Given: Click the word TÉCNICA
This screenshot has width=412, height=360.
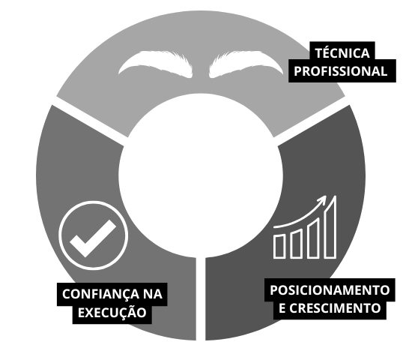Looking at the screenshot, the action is [x=342, y=52].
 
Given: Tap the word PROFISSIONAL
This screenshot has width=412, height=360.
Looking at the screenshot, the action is [x=341, y=71].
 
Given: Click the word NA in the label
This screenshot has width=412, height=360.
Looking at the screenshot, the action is [x=153, y=294].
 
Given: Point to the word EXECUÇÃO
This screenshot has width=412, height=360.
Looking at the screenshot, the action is [x=112, y=312].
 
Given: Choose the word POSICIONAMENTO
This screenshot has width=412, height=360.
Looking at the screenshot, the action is [x=330, y=290].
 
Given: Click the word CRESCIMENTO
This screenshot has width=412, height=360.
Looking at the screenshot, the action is [x=335, y=308].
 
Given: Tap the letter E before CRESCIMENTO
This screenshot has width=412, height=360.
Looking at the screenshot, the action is [x=282, y=308].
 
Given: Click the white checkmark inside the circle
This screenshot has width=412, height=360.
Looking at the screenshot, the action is [x=93, y=238].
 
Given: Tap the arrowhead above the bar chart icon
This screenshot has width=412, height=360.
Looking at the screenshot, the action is [x=322, y=199].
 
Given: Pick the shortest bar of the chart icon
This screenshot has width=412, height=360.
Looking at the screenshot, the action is [x=279, y=247].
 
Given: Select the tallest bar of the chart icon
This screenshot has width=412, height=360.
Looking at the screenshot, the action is [x=330, y=227].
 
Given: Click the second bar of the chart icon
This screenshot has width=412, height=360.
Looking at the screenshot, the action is [x=296, y=244].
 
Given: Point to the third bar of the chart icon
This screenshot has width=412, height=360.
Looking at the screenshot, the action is [x=313, y=238].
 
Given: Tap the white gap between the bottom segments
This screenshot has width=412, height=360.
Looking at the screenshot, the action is [x=201, y=299].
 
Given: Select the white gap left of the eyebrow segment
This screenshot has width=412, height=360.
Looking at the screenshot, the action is [x=90, y=121].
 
